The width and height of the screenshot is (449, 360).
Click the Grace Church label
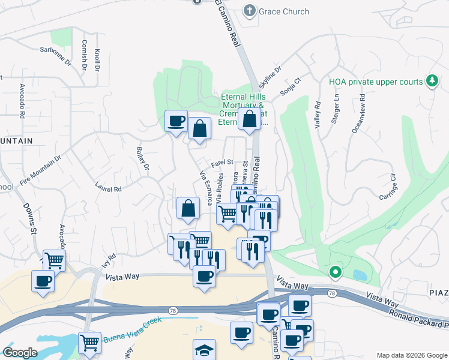click(284, 11)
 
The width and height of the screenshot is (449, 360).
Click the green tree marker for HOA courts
click(431, 80)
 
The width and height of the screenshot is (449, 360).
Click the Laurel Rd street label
click(109, 187)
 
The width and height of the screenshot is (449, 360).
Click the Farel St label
click(221, 162)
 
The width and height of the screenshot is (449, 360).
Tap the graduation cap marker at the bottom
click(204, 350)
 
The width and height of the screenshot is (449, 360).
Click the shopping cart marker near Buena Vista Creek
click(89, 343)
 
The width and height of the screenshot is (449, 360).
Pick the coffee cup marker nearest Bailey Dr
click(176, 121)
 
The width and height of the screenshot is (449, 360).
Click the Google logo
click(20, 352)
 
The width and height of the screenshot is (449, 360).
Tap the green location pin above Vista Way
click(336, 273)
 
